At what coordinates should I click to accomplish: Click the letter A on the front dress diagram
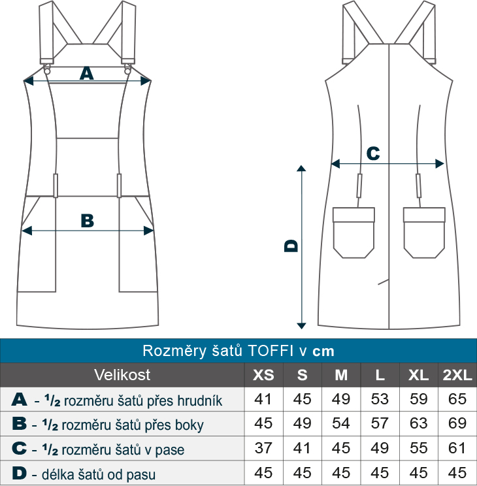(x=86, y=74)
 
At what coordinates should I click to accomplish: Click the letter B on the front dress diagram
(x=87, y=221)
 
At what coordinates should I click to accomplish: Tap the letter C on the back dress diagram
(x=373, y=153)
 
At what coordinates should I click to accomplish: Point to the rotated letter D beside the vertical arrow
(x=291, y=246)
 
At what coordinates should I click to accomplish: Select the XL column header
(x=418, y=375)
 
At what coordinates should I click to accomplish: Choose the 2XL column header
(x=457, y=375)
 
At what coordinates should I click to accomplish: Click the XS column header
(x=263, y=375)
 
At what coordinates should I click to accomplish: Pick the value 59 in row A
(x=418, y=399)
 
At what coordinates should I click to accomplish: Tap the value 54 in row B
(x=341, y=423)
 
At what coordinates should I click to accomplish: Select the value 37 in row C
(x=263, y=448)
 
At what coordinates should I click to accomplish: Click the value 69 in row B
(x=457, y=423)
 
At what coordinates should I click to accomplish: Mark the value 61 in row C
(x=457, y=448)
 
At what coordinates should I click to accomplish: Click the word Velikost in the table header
(x=122, y=375)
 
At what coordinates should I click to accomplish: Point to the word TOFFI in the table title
(x=271, y=351)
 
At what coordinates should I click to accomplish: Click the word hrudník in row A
(x=200, y=400)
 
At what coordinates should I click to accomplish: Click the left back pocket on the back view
(x=354, y=233)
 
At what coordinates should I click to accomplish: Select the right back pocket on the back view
(x=424, y=233)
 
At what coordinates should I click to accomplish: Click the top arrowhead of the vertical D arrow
(x=301, y=169)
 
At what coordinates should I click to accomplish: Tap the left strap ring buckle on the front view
(x=47, y=69)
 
